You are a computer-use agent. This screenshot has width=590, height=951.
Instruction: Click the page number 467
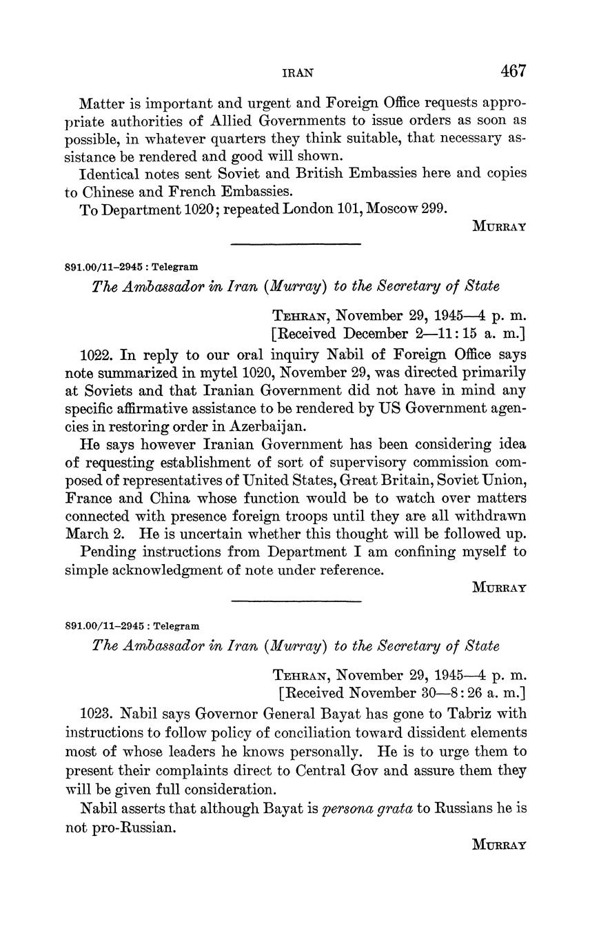[x=513, y=71]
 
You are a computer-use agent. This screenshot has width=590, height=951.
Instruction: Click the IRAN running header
[x=298, y=72]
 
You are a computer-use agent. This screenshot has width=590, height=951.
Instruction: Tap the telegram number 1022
[x=97, y=355]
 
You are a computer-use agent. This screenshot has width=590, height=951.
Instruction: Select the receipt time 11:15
[x=449, y=334]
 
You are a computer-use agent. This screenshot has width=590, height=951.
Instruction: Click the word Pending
[x=106, y=552]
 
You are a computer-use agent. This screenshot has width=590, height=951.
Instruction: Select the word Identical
[x=110, y=173]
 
